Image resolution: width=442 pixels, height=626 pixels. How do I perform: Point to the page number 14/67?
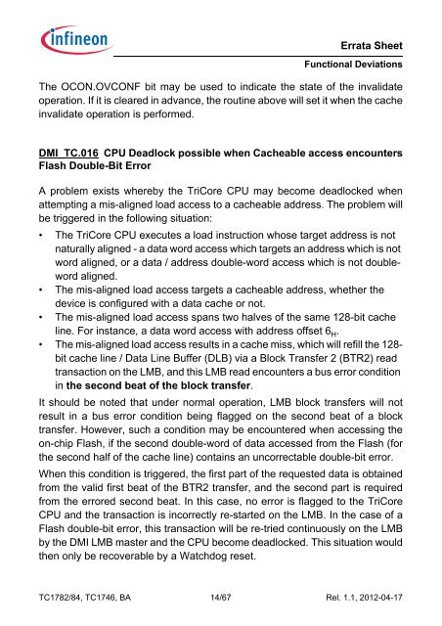(220, 609)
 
